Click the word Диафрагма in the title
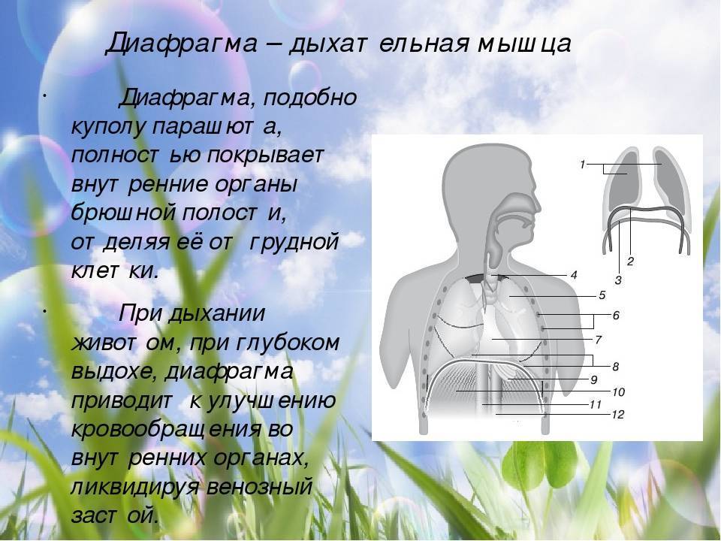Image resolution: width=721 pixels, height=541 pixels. click(x=181, y=44)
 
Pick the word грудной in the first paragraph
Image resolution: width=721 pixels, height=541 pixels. click(x=294, y=242)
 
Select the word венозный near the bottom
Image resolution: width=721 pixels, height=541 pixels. click(x=260, y=487)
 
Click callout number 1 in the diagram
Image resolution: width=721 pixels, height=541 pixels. click(x=582, y=165)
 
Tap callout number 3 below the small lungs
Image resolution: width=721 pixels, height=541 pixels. click(x=618, y=280)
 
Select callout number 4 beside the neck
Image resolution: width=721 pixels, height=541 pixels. click(x=574, y=275)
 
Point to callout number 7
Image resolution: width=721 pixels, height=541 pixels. click(x=598, y=340)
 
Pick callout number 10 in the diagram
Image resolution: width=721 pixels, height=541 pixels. click(x=618, y=392)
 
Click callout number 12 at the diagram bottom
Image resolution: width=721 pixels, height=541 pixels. click(x=618, y=415)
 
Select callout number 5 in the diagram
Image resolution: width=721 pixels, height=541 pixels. click(x=602, y=295)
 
